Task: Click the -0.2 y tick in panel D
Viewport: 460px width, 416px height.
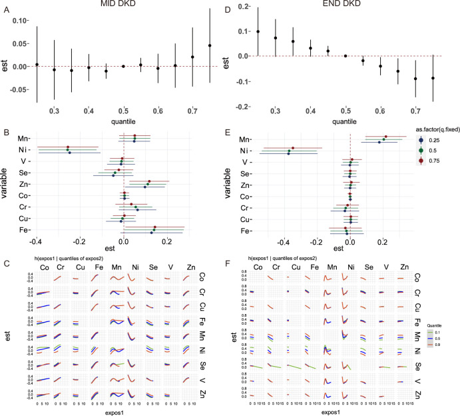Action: pos(244,107)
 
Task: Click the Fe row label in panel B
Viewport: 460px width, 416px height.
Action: pos(22,231)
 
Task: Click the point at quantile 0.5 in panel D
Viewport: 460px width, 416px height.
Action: pos(345,56)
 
